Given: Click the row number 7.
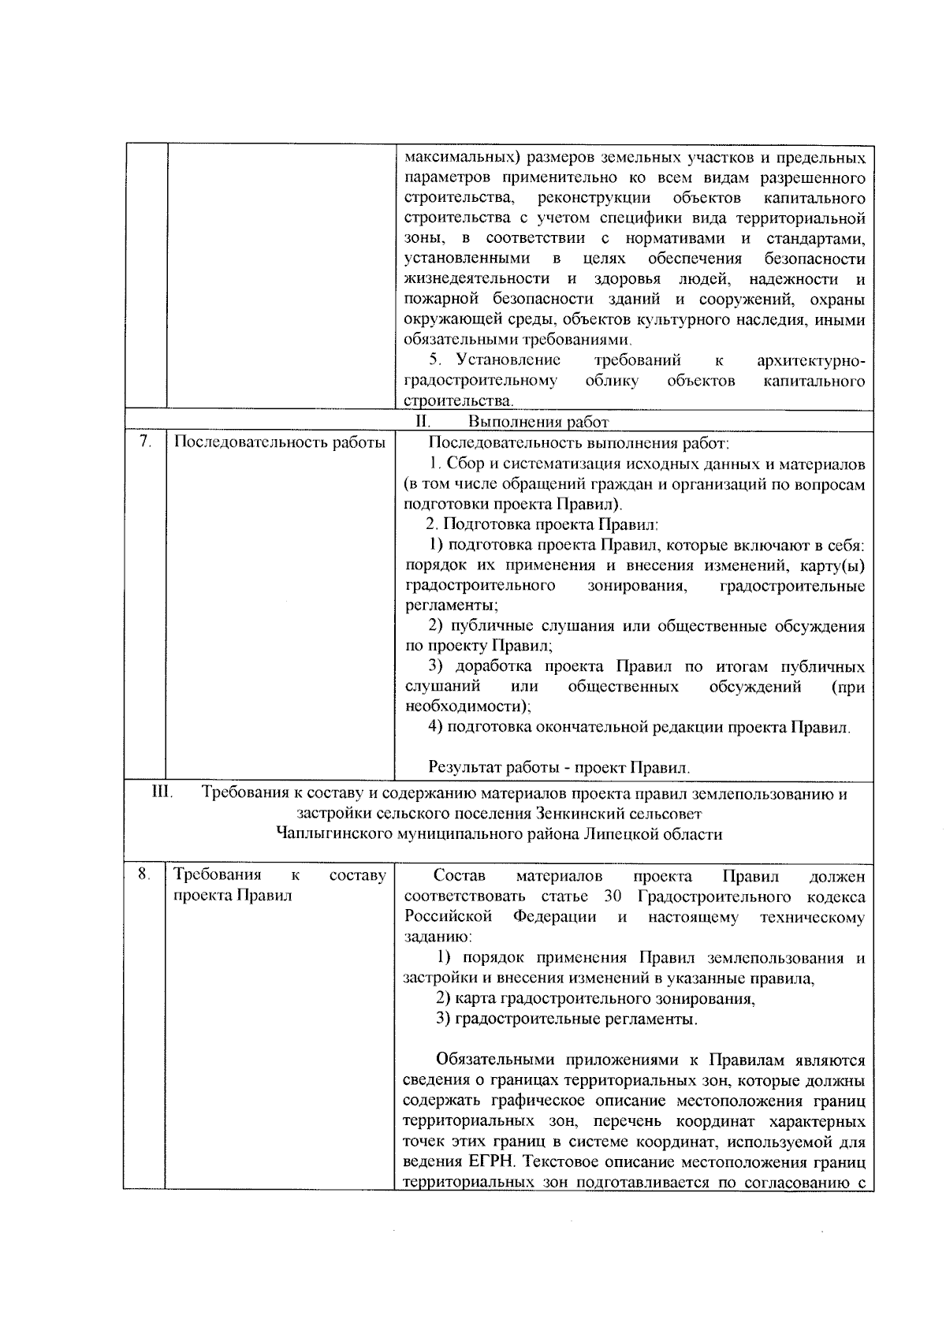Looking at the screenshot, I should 144,442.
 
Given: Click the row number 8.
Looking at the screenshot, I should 143,874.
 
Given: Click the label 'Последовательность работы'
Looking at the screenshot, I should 279,442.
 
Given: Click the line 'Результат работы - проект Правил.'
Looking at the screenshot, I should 560,767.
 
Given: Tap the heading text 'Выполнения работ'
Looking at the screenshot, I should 538,422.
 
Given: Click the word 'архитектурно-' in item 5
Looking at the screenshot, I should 810,360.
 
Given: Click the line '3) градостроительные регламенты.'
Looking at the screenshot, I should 567,1019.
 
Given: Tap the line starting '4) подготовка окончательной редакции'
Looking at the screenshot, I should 639,727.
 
